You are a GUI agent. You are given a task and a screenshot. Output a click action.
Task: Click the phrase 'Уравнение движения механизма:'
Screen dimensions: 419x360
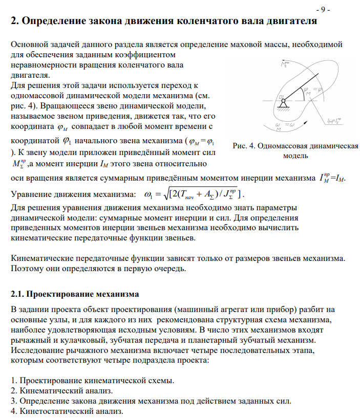point(71,195)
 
